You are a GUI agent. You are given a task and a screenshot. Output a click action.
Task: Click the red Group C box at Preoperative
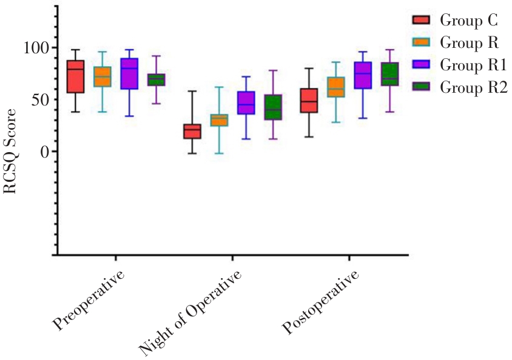click(x=75, y=76)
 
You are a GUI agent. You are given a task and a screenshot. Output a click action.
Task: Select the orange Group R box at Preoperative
click(x=102, y=76)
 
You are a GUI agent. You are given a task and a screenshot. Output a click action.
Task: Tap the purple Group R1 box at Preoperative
click(x=129, y=74)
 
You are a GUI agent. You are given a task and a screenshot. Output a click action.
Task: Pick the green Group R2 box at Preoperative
click(x=156, y=79)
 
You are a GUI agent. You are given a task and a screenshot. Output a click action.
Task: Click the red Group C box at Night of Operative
click(x=192, y=132)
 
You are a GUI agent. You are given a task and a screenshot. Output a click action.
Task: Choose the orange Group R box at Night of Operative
click(x=219, y=120)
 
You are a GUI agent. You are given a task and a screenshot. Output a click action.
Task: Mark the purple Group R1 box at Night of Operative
click(x=246, y=103)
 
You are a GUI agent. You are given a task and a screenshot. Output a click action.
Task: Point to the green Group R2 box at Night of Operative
click(x=273, y=107)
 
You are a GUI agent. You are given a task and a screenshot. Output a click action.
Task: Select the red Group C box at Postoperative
click(x=309, y=100)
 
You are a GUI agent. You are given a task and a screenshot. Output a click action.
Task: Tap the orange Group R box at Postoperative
click(x=335, y=87)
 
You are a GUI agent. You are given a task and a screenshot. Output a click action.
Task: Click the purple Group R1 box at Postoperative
click(x=363, y=75)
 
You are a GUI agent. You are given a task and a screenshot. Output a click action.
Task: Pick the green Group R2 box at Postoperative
click(x=389, y=74)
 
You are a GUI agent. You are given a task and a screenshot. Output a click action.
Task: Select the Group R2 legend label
click(x=474, y=87)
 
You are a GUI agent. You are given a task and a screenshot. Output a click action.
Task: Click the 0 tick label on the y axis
click(x=43, y=152)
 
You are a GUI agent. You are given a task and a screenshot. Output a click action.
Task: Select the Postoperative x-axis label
click(x=321, y=303)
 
